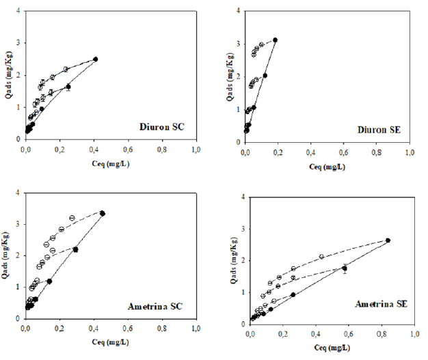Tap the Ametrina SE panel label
coord(383,302)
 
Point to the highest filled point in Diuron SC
coord(96,59)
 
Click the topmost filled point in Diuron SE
coord(275,40)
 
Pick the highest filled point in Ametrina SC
coord(103,213)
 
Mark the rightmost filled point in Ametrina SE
coord(388,240)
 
